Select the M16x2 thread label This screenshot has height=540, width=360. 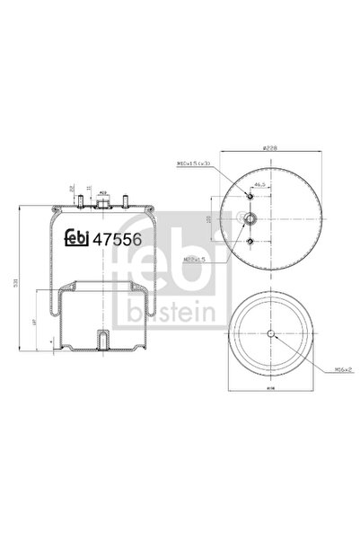tap(333, 369)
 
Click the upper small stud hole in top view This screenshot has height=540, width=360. tap(249, 190)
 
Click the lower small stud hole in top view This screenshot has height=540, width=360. tap(249, 241)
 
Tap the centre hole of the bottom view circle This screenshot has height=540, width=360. tap(270, 335)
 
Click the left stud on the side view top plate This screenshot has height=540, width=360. tap(80, 202)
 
